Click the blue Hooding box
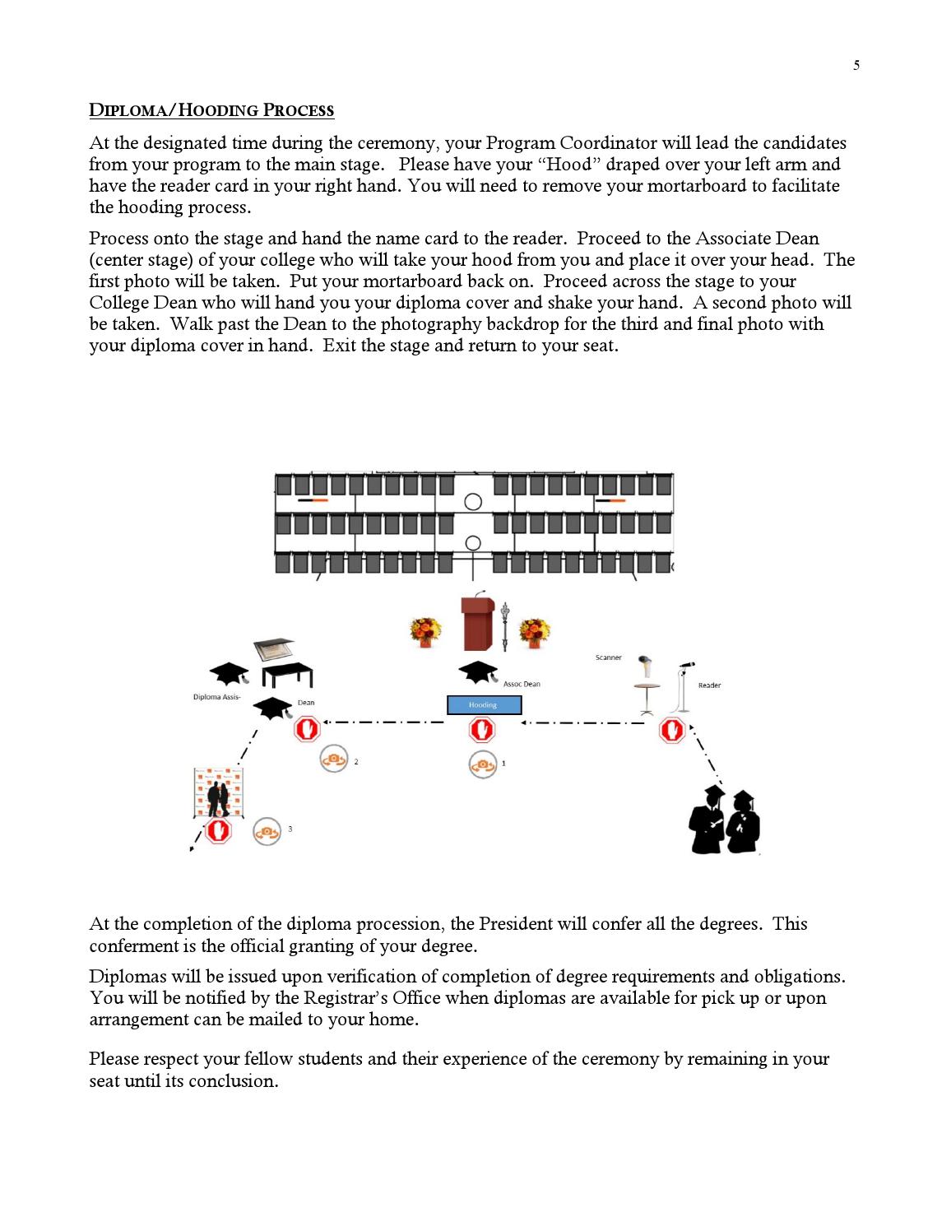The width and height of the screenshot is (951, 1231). [x=484, y=705]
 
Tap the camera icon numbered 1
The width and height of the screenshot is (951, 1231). [x=483, y=764]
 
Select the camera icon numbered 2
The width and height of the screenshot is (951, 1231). [x=334, y=760]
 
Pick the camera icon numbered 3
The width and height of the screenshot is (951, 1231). [x=267, y=831]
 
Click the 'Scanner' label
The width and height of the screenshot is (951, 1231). [x=608, y=657]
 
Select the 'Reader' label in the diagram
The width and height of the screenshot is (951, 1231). [x=709, y=685]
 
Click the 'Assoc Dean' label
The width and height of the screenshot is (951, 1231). [x=522, y=684]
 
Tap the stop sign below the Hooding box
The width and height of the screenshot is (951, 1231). [x=482, y=729]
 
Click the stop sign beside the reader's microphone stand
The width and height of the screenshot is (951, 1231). [x=672, y=730]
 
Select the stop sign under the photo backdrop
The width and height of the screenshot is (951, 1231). [x=218, y=831]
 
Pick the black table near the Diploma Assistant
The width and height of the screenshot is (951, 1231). [x=286, y=675]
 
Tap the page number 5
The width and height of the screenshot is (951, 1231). [x=856, y=66]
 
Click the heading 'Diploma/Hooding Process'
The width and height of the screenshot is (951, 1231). [x=211, y=110]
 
